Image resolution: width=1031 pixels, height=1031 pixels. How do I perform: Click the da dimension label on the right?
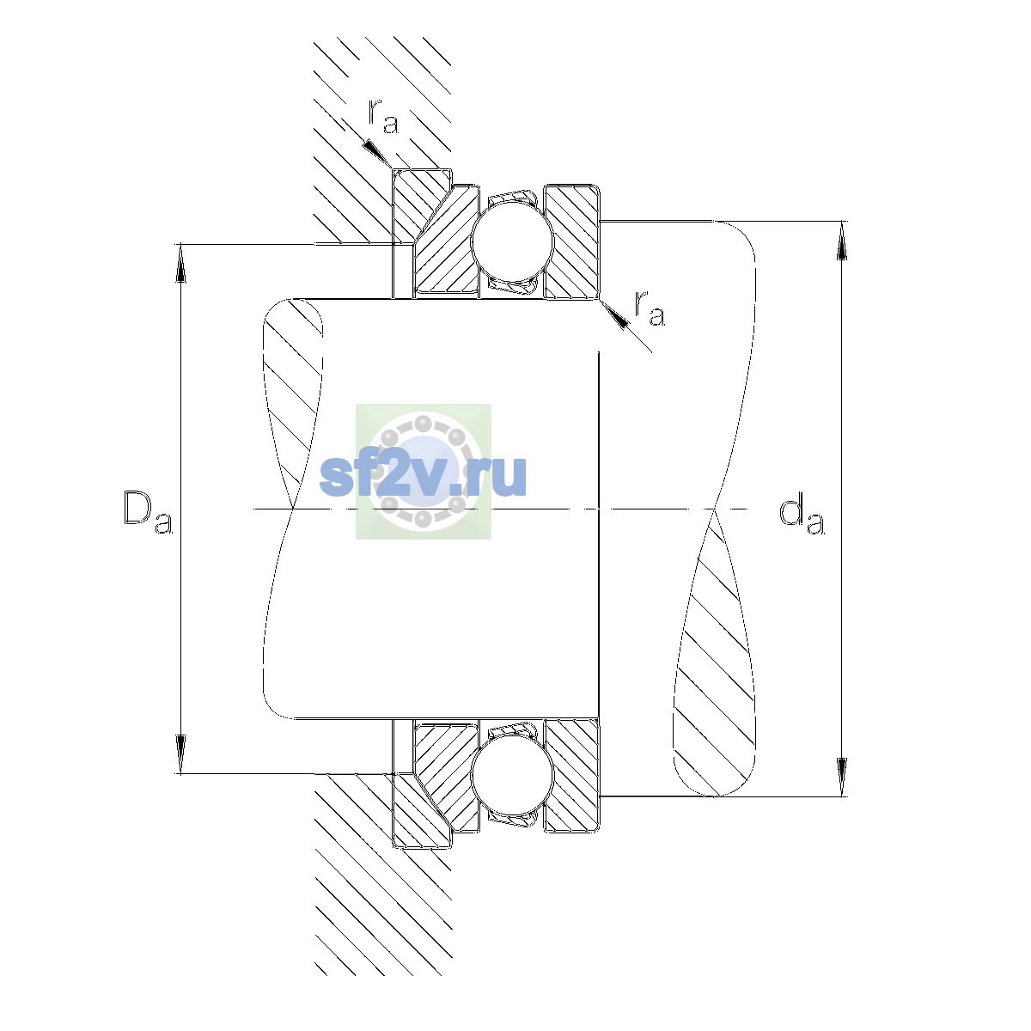(802, 515)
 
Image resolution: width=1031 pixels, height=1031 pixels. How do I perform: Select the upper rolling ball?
(512, 242)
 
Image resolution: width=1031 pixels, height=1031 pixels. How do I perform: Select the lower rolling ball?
(512, 776)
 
